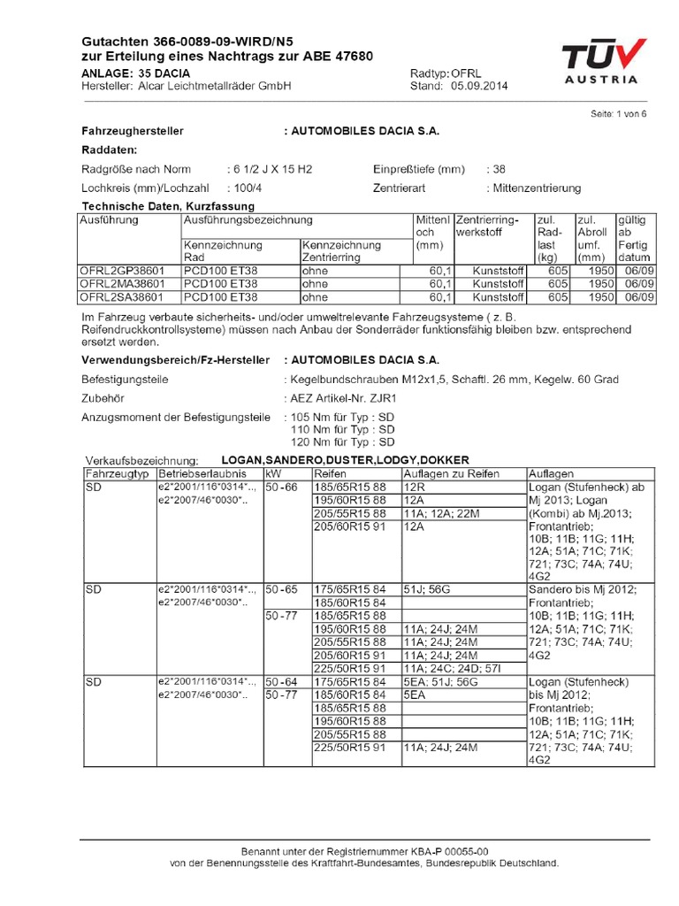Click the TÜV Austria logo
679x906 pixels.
click(x=600, y=63)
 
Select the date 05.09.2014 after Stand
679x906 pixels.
click(x=479, y=86)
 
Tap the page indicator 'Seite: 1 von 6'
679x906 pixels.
click(x=618, y=114)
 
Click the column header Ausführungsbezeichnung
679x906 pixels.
click(x=248, y=219)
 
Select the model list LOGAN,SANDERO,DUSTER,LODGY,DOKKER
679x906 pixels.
click(x=345, y=460)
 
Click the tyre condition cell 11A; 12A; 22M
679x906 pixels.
click(x=439, y=513)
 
